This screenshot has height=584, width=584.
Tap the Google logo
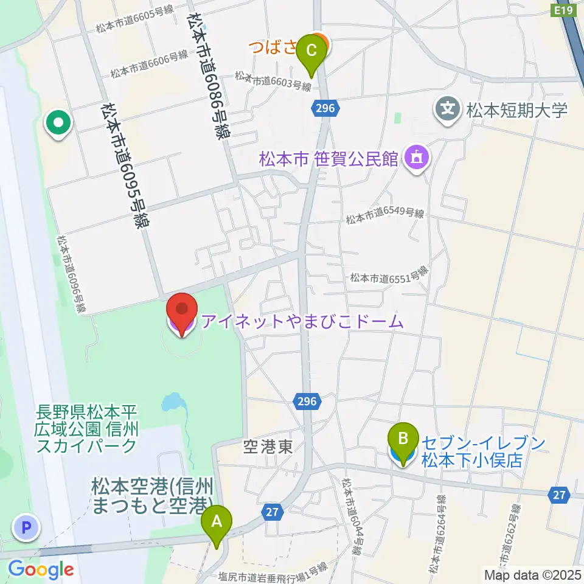click(x=41, y=569)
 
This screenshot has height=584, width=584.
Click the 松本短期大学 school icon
click(x=448, y=109)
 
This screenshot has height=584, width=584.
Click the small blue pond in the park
click(x=173, y=402)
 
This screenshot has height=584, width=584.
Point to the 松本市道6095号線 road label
click(x=125, y=165)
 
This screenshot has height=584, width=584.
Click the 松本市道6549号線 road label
click(x=384, y=214)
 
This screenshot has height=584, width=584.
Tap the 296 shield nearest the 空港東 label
click(x=307, y=401)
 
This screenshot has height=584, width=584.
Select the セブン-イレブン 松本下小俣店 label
click(x=475, y=451)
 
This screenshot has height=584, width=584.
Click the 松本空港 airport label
click(x=153, y=495)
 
